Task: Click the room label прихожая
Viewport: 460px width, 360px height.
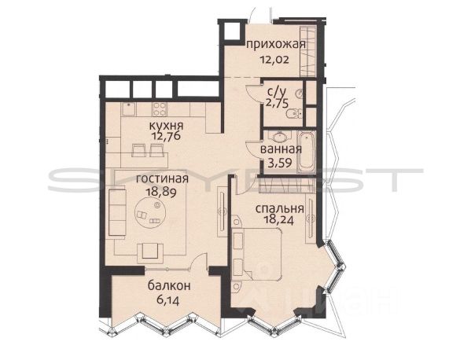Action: pos(276,45)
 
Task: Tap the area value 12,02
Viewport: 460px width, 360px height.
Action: pos(274,60)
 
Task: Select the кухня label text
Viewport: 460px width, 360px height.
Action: pos(167,126)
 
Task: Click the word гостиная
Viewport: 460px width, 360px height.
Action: pos(162,178)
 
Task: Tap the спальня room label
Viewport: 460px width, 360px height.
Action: pos(280,209)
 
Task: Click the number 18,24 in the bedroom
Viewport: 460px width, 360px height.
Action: pos(278,220)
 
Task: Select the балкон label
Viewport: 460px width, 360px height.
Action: pos(169,286)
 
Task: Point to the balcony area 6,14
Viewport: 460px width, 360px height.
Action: pos(168,300)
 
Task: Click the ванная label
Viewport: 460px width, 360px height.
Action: pos(281,149)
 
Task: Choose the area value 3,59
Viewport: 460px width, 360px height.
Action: pos(280,163)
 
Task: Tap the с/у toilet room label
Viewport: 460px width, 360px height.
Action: pos(276,92)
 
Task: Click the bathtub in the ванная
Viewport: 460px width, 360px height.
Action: pos(307,152)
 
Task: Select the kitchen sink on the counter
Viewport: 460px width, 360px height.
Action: pos(129,109)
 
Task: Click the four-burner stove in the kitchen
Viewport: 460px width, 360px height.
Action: pos(160,109)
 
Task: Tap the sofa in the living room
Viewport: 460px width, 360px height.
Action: pos(117,212)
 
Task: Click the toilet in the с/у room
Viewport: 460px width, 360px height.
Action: pos(294,114)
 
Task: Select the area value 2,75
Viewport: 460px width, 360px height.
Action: pos(277,104)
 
